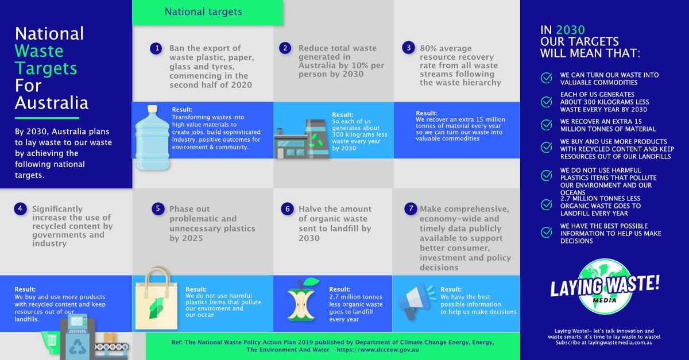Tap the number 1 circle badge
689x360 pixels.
pyautogui.click(x=156, y=48)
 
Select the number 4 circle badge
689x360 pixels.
pyautogui.click(x=20, y=209)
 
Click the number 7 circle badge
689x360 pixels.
pyautogui.click(x=409, y=209)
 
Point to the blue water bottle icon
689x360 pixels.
pyautogui.click(x=152, y=138)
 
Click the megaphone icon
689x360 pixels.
pyautogui.click(x=417, y=301)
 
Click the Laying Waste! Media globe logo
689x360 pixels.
pyautogui.click(x=604, y=286)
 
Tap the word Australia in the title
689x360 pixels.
pyautogui.click(x=52, y=103)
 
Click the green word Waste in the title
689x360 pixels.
pyautogui.click(x=39, y=51)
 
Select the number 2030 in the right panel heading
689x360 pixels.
pyautogui.click(x=571, y=30)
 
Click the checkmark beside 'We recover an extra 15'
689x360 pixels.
pyautogui.click(x=546, y=125)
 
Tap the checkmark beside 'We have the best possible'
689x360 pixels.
pyautogui.click(x=546, y=233)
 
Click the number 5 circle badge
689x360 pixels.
pyautogui.click(x=158, y=209)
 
